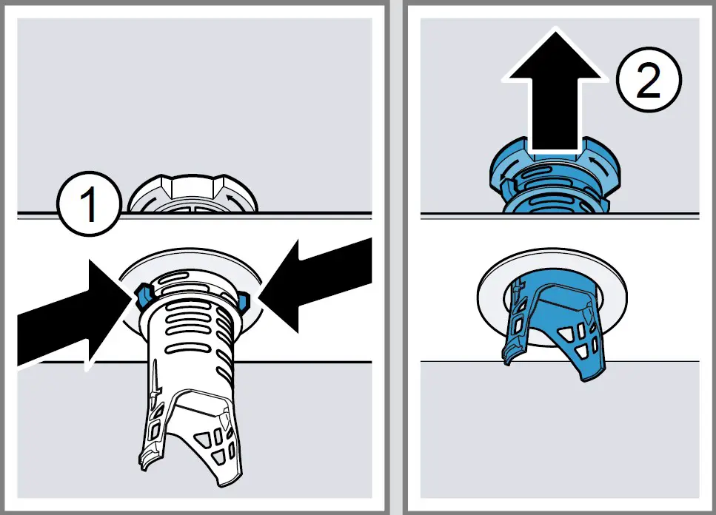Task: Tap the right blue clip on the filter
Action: coord(244,298)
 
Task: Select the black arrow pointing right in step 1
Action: coord(67,314)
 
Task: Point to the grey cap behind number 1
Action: coord(194,195)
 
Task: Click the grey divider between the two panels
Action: coord(395,257)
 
